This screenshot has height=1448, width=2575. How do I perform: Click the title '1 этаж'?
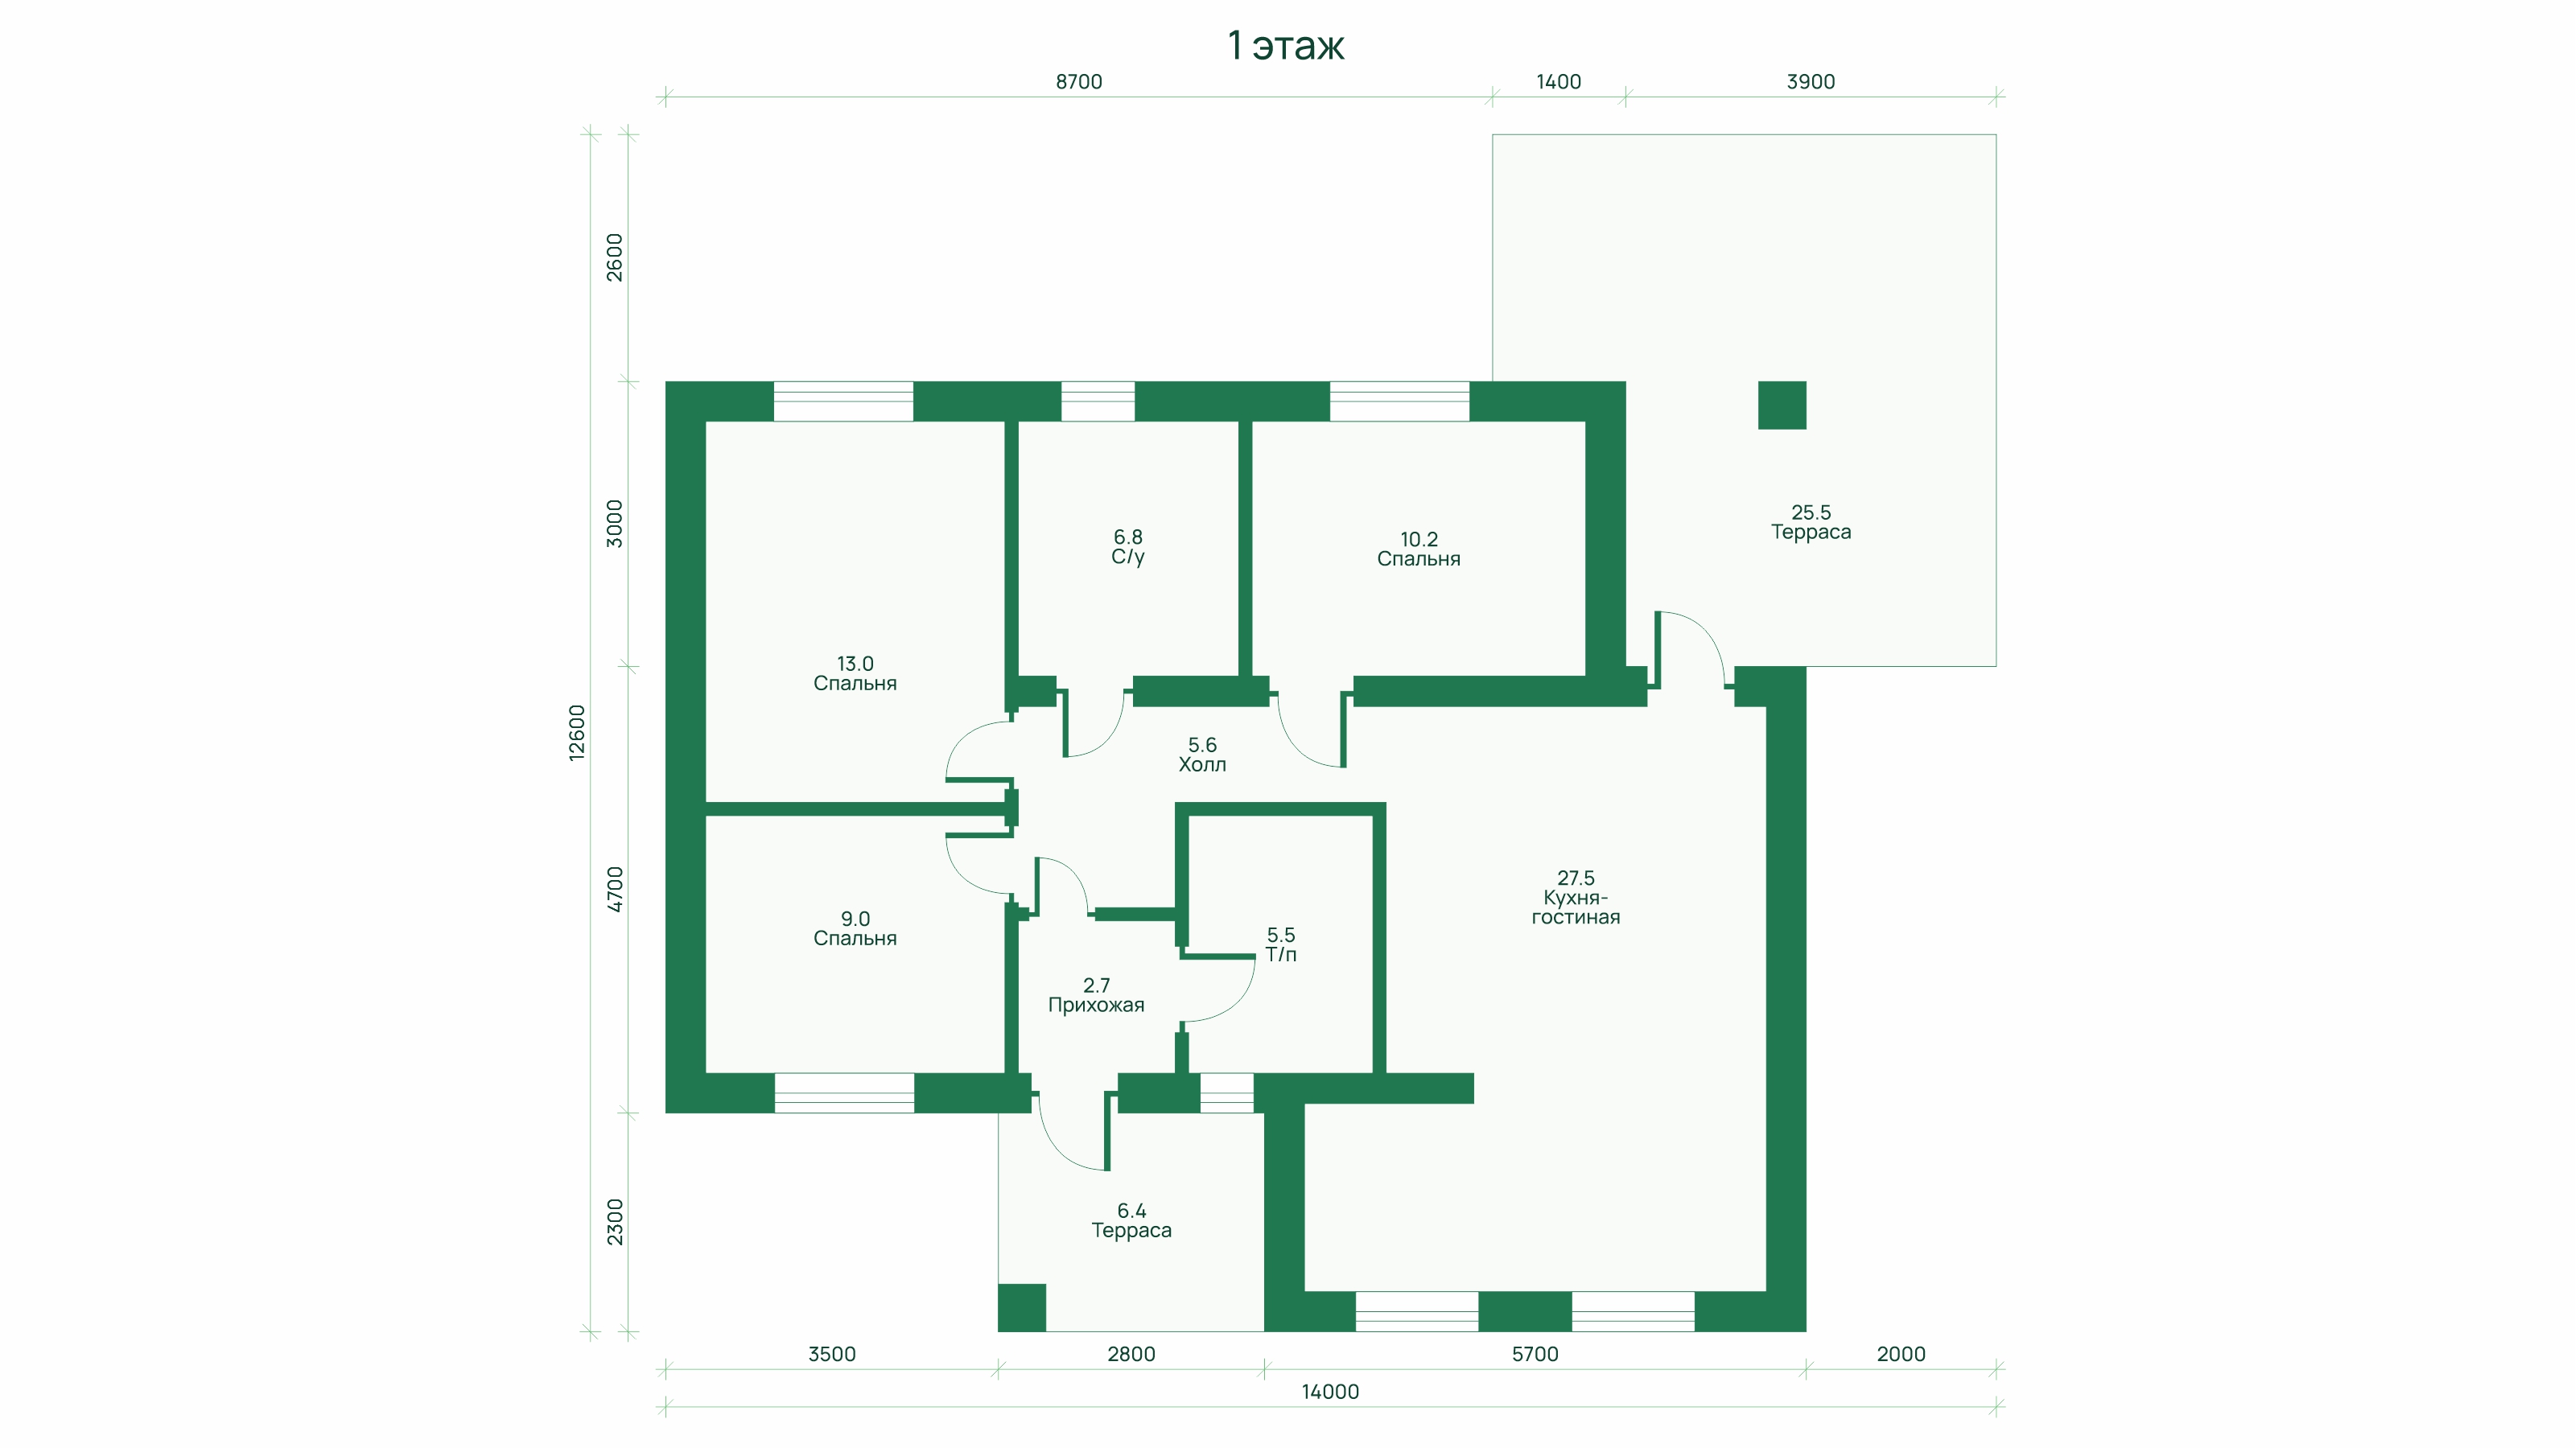coord(1286,46)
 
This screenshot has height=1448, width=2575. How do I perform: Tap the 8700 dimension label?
coord(1078,82)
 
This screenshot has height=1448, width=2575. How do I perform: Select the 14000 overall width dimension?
coord(1329,1392)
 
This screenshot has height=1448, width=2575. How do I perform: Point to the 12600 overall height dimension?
coord(577,733)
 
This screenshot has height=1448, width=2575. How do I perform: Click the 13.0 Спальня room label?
coord(855,673)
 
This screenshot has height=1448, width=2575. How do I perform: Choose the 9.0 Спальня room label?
coord(855,928)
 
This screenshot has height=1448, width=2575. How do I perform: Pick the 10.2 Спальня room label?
coord(1419,549)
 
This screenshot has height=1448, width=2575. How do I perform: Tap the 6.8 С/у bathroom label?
coord(1127,548)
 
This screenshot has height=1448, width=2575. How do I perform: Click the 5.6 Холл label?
coord(1201,755)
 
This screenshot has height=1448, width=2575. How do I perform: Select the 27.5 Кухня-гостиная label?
coord(1576,898)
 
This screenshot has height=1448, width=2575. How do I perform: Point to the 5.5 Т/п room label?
coord(1280,944)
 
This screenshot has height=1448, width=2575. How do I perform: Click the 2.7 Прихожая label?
coord(1095,995)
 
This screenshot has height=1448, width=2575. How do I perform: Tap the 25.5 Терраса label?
coord(1811,521)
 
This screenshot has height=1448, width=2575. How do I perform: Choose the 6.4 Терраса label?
coord(1131,1220)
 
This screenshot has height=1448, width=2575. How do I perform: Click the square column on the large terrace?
coord(1782,405)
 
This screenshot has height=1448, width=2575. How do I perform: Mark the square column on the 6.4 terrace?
coord(1022,1307)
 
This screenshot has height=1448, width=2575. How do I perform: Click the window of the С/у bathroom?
coord(1097,401)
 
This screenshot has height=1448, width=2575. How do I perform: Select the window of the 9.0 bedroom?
coord(843,1092)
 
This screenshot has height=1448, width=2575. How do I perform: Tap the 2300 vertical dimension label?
coord(615,1222)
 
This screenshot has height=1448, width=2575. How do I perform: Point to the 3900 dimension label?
coord(1811,82)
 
